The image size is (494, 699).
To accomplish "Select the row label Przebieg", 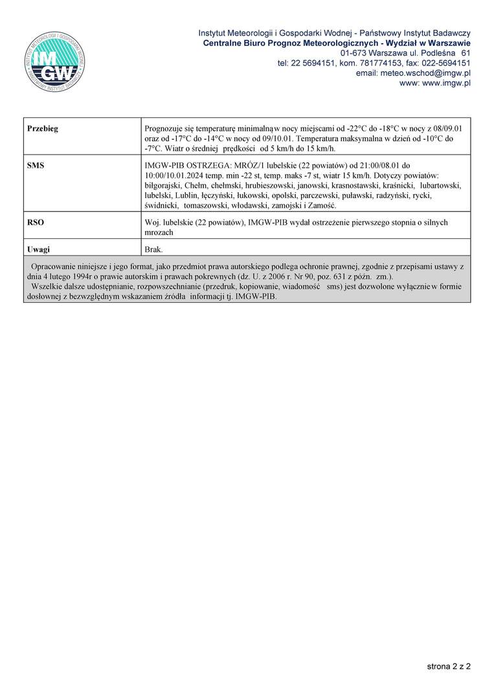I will click(43, 129).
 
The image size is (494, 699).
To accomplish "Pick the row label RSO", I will click(36, 222).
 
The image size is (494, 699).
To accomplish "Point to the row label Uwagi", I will click(39, 249).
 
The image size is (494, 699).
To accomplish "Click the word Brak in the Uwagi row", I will click(154, 249).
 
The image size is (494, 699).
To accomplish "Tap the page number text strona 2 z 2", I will click(449, 665).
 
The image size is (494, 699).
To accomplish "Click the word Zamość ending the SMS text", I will click(320, 205).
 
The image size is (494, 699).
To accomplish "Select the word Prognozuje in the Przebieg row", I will click(166, 129).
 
